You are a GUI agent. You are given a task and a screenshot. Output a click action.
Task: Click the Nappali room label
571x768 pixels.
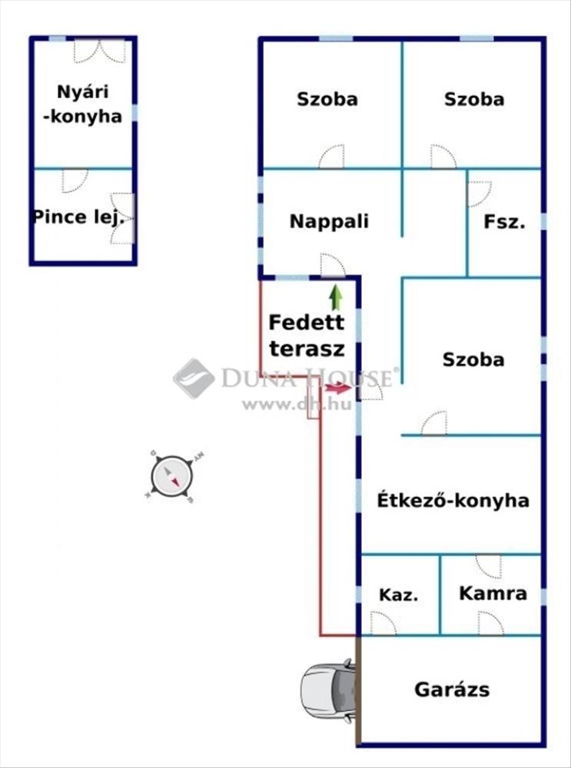329,222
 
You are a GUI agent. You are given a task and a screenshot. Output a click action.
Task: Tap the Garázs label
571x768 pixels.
452,690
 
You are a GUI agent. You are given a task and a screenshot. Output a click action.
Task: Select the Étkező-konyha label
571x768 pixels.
453,501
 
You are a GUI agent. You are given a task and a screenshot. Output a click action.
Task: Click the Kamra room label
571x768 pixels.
493,594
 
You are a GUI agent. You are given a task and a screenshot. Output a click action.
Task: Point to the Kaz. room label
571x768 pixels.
399,595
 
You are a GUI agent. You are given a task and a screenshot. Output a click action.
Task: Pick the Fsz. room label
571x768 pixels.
504,223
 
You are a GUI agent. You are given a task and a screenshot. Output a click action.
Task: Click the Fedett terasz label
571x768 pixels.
307,336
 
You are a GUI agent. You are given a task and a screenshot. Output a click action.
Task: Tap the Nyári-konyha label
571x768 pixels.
82,104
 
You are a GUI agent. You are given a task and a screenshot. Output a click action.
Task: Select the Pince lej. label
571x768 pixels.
78,217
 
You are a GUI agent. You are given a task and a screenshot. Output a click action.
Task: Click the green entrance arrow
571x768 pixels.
336,298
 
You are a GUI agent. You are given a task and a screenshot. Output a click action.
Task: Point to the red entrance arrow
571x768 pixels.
338,389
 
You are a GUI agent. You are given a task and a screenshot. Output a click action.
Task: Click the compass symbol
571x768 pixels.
171,475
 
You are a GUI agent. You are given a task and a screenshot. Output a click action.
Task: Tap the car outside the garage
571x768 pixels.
328,690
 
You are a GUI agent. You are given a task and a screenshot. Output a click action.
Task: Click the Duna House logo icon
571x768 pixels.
194,378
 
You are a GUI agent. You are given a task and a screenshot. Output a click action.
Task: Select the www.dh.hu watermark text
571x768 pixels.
297,404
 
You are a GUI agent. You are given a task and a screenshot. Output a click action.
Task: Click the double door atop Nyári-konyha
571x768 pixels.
99,51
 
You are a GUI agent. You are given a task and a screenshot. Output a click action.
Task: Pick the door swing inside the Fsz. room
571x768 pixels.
480,194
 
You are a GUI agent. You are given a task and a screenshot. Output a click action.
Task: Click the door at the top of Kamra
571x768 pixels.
489,566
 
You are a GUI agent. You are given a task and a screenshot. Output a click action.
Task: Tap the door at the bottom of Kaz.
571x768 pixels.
383,624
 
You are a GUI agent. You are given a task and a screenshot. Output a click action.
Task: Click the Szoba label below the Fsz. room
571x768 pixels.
473,359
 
